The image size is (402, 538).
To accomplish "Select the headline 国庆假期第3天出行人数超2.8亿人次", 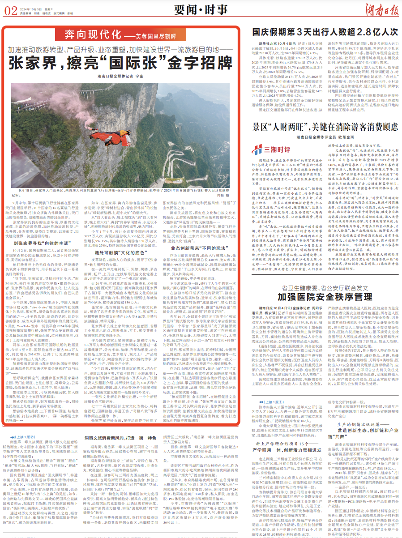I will point(325,32).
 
